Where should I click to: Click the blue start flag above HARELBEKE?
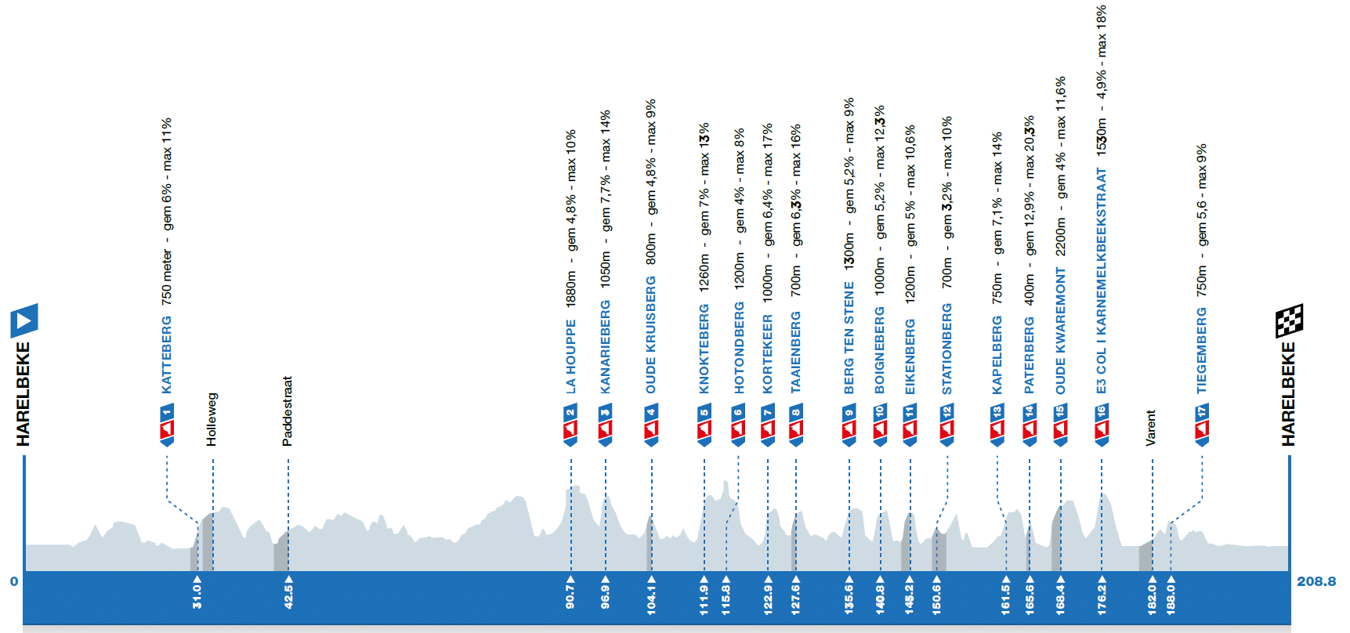click(24, 320)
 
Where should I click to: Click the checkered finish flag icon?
click(1289, 320)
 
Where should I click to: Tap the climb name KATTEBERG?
click(166, 354)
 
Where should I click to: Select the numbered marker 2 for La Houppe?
click(570, 424)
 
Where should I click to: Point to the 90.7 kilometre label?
click(570, 595)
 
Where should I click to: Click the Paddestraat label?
click(288, 411)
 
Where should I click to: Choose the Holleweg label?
click(212, 419)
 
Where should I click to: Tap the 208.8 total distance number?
click(1316, 581)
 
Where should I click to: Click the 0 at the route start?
click(13, 581)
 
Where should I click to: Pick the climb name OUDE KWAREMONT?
click(1061, 331)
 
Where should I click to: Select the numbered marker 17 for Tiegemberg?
click(1202, 424)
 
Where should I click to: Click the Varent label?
click(1151, 428)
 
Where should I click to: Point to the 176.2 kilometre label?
click(1102, 595)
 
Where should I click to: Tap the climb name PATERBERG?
click(1030, 355)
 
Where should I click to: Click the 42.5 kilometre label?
click(288, 595)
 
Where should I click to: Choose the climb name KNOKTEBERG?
click(704, 349)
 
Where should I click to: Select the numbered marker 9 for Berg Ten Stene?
click(849, 424)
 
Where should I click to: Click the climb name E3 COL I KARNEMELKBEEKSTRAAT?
click(1102, 280)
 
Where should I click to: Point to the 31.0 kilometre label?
click(197, 595)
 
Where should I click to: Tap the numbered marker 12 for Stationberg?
click(946, 424)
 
